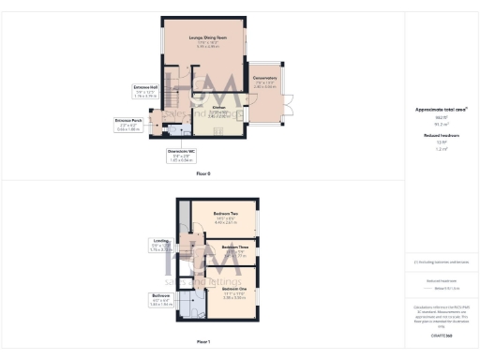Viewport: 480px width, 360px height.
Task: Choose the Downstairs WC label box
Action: [181, 156]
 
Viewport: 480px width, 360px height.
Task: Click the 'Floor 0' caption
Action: [203, 174]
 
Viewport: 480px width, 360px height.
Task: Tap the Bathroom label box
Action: [161, 300]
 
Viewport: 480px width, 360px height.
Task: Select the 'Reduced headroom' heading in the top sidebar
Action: [441, 135]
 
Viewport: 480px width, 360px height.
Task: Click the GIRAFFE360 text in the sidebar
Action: [442, 335]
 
